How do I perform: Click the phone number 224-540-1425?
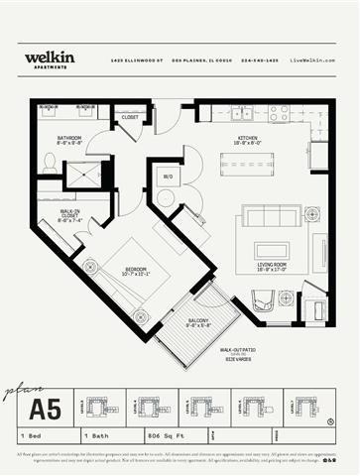(259, 60)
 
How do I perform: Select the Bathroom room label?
(68, 140)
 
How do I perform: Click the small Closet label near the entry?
(129, 117)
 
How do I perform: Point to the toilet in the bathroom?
(50, 163)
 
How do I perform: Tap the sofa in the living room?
(271, 215)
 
